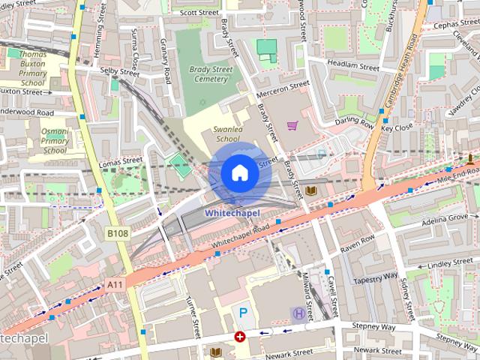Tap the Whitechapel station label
(x=232, y=213)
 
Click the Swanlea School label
(x=227, y=133)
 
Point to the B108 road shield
(x=118, y=234)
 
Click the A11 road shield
(x=115, y=284)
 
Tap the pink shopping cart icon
(x=292, y=125)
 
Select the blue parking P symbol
(x=243, y=311)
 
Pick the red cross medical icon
(x=240, y=337)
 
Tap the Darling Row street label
(x=354, y=122)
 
